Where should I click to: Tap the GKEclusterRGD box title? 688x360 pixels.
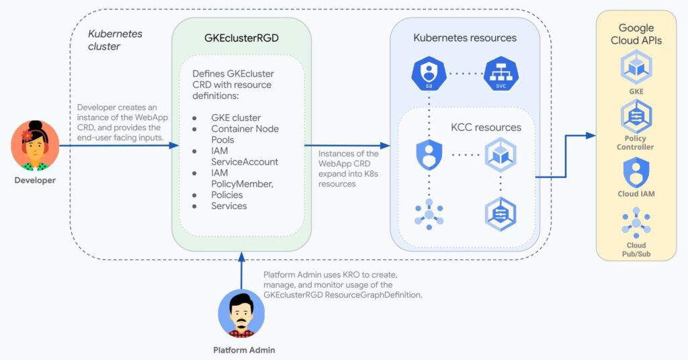click(x=241, y=38)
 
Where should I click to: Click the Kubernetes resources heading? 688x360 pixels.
click(x=465, y=38)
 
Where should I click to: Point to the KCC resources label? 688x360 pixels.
click(x=486, y=128)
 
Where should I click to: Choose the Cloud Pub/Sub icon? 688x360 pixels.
click(x=636, y=224)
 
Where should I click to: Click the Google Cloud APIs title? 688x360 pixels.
click(x=636, y=34)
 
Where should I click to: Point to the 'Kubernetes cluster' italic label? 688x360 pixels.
click(x=115, y=40)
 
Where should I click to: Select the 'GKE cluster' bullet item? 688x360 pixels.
click(x=236, y=118)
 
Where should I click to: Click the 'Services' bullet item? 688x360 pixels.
click(x=229, y=206)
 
